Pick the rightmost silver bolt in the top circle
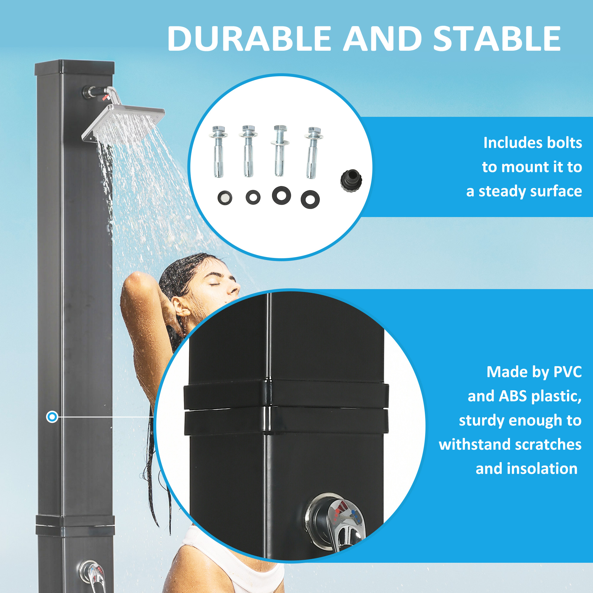point(313,152)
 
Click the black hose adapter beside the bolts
point(351,181)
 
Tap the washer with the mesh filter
point(225,198)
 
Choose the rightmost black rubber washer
point(310,200)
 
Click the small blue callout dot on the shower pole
point(52,417)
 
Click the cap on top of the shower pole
point(75,68)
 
